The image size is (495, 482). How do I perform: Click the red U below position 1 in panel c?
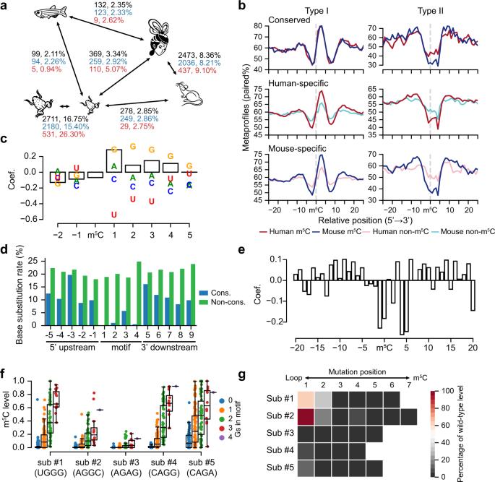114,215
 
